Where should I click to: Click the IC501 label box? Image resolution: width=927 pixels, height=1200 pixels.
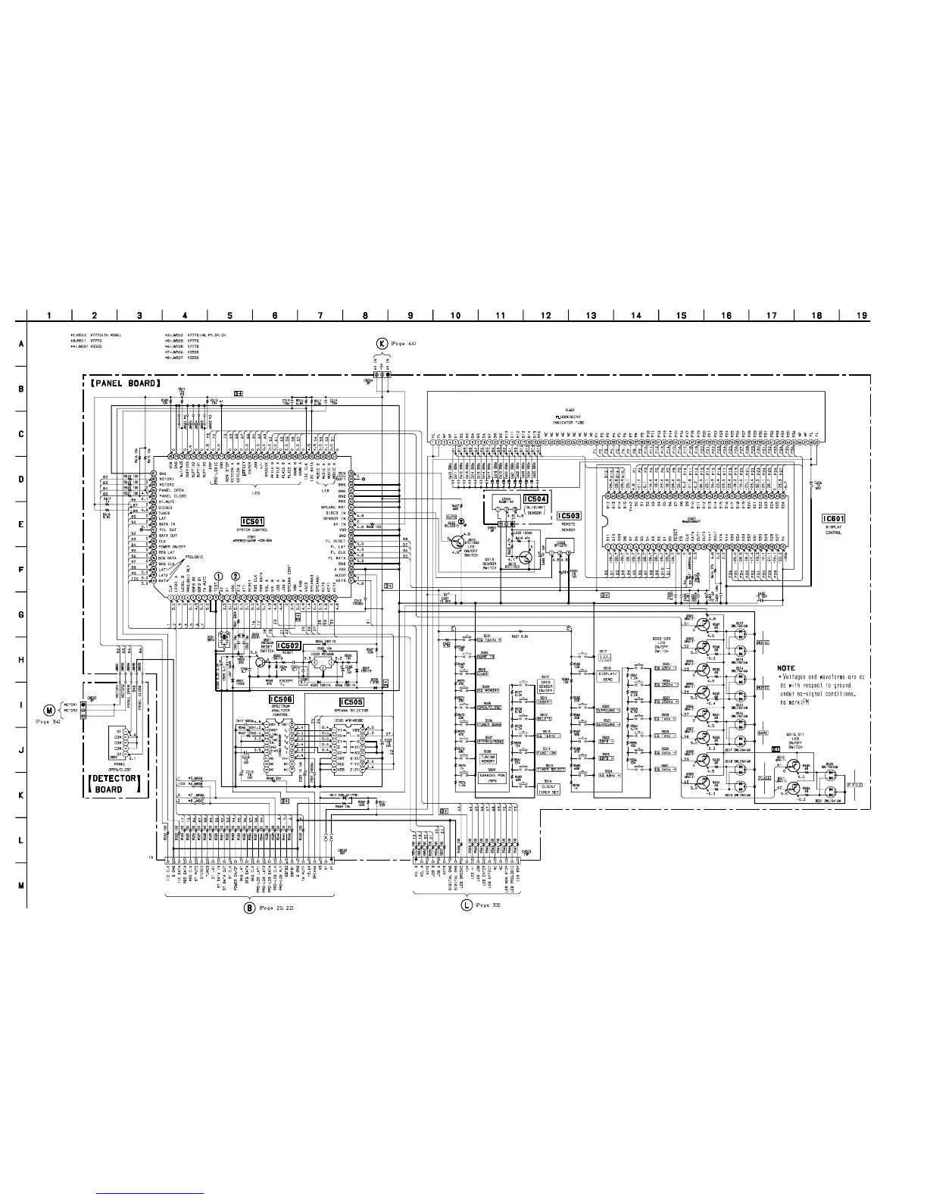pos(252,521)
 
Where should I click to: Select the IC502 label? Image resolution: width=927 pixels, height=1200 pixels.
pos(289,646)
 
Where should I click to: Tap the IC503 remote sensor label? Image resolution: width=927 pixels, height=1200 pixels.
pos(569,516)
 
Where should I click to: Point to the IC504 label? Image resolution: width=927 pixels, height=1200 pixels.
pos(535,499)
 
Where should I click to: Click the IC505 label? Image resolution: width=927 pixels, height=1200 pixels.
pos(352,702)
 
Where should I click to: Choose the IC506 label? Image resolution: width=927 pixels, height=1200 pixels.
pos(282,699)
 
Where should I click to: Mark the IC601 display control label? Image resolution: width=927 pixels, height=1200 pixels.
pos(834,519)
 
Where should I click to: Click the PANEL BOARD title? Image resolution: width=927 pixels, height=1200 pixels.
pos(123,383)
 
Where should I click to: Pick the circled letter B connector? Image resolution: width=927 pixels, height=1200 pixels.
pos(248,908)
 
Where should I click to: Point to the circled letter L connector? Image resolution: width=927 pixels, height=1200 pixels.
pos(466,905)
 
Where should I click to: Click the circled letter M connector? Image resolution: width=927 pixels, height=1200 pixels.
pos(50,710)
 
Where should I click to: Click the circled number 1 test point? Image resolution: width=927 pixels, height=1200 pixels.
pos(219,577)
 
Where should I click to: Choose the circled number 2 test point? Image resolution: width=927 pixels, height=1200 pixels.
pos(237,577)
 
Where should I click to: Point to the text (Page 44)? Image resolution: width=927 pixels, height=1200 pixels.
pos(404,344)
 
